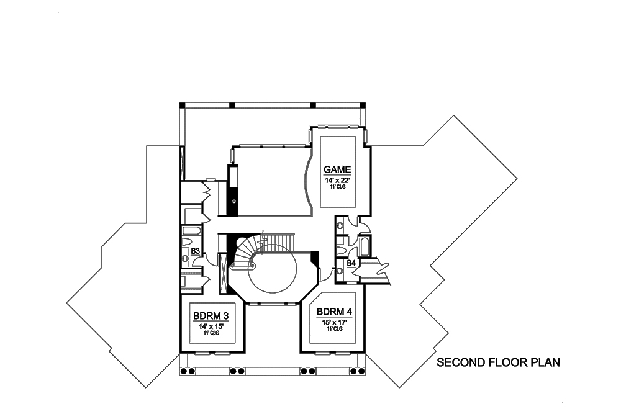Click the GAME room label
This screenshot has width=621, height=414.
tap(337, 169)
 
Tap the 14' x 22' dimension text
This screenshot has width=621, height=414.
tap(337, 180)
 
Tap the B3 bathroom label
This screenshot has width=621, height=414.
tap(195, 251)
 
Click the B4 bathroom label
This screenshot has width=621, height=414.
tap(351, 264)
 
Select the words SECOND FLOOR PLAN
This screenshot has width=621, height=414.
tap(499, 362)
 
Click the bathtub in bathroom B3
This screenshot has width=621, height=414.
tap(191, 231)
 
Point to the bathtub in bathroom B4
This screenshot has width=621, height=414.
tap(365, 246)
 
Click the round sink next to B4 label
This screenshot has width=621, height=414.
tap(340, 270)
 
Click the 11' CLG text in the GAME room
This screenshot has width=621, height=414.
tap(337, 187)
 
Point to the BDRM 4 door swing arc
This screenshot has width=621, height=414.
tap(322, 274)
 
